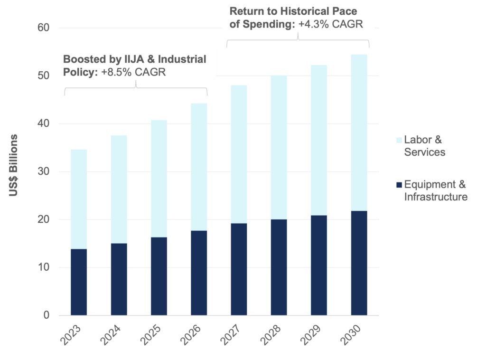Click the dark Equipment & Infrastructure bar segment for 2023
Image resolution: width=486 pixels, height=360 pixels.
[x=79, y=282]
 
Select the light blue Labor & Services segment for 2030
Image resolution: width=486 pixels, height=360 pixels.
[x=359, y=133]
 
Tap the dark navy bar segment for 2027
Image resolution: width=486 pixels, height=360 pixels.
[x=239, y=269]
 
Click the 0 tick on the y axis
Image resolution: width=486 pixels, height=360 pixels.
[x=47, y=315]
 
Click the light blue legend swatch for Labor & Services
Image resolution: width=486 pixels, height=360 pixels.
[x=399, y=140]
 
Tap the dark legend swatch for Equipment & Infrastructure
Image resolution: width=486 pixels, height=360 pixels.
[x=399, y=185]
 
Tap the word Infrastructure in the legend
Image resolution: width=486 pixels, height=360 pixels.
[x=436, y=197]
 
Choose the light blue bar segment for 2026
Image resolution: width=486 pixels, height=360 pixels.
[x=199, y=167]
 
